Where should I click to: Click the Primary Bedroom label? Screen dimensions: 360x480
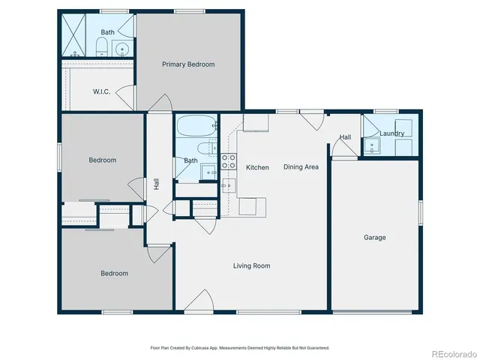click(188, 64)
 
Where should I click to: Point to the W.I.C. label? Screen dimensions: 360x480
click(102, 91)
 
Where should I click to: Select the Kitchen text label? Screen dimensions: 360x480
click(257, 167)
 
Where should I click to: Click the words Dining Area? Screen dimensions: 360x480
click(301, 167)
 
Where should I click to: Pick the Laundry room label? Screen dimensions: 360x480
click(392, 134)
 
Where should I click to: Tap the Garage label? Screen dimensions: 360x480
click(375, 238)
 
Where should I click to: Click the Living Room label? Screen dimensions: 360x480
click(251, 265)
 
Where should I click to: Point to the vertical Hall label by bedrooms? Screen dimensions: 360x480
click(156, 183)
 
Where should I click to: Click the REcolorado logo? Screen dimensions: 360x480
click(451, 352)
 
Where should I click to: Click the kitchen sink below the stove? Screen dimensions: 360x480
click(229, 185)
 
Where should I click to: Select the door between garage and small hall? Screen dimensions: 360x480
click(345, 153)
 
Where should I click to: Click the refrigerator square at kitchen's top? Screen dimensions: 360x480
click(255, 123)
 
